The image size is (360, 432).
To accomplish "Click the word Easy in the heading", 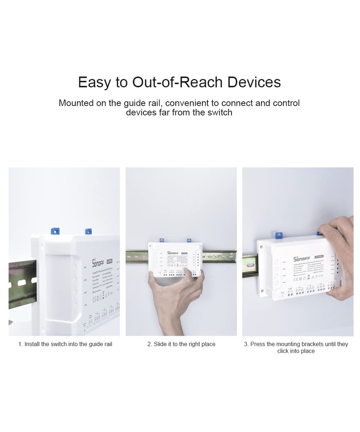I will coord(94,82).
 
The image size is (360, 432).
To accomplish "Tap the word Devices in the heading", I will coord(254,82).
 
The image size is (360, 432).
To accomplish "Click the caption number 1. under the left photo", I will coord(20,344).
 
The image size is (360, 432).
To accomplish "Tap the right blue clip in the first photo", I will coord(88,231).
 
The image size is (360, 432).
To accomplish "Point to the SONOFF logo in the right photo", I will coord(302,258).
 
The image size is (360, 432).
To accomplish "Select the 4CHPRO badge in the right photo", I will coord(318,256).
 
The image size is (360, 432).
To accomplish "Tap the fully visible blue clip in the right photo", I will coord(278,234).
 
